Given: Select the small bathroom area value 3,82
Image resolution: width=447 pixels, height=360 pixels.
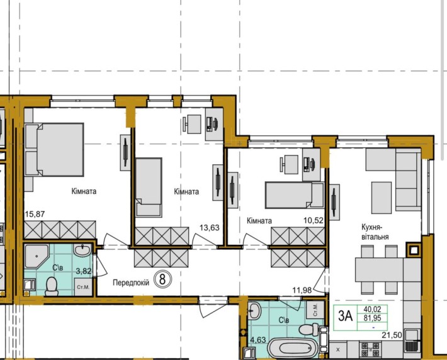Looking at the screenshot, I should [84, 271].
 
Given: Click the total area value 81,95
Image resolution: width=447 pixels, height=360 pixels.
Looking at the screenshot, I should [371, 318].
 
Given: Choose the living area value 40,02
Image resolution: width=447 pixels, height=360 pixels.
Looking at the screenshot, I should [371, 308].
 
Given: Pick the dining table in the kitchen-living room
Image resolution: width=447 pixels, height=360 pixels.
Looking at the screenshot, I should [380, 270].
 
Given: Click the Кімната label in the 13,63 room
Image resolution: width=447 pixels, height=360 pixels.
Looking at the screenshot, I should [186, 192].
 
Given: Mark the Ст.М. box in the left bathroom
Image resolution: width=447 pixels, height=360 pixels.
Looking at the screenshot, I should [82, 287].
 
